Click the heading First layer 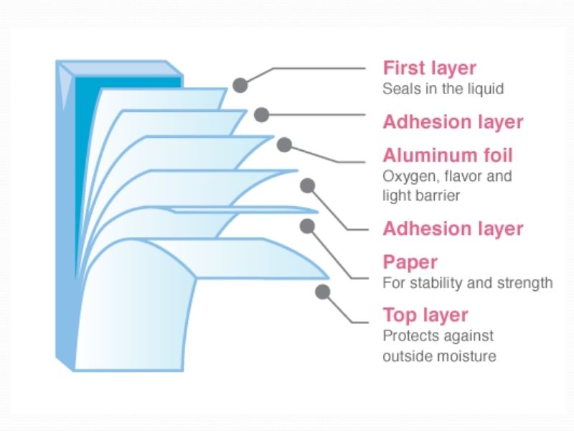coord(429,68)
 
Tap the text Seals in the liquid coord(443,90)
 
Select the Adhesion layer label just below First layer coord(453,121)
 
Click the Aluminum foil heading coord(448,155)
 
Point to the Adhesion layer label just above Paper coord(453,228)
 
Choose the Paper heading coord(410,262)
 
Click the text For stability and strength coord(467,283)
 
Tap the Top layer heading coord(425,315)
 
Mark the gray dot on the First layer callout coord(240,85)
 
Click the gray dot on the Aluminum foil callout coord(284,144)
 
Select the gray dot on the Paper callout coord(307,226)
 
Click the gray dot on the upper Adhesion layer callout coord(262,113)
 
